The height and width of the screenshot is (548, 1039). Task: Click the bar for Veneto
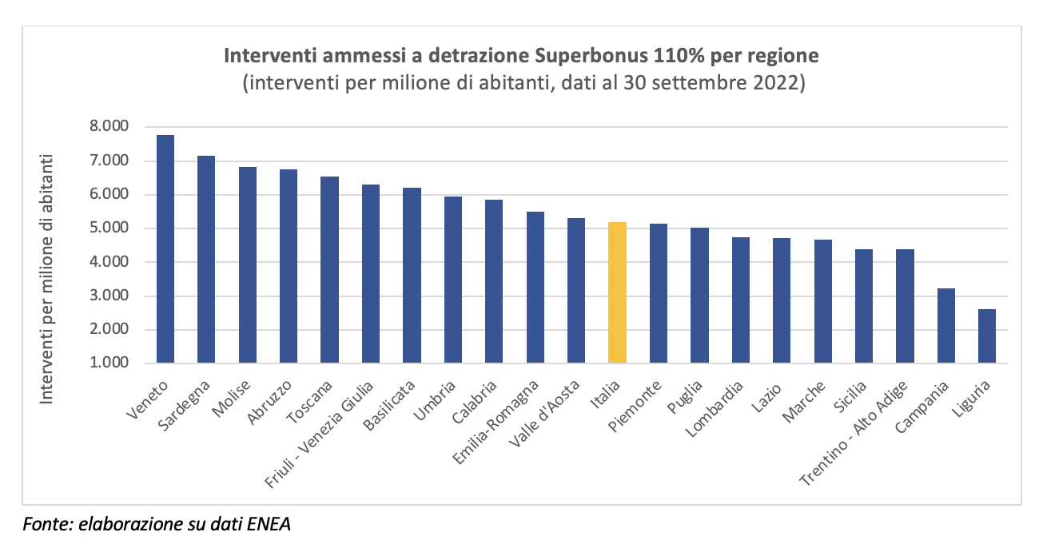point(165,249)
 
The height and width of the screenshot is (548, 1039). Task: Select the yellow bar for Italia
point(617,292)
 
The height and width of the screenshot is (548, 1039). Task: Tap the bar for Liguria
point(986,336)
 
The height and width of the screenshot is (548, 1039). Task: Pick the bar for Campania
point(945,326)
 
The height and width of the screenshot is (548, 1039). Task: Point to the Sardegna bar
point(206,260)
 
